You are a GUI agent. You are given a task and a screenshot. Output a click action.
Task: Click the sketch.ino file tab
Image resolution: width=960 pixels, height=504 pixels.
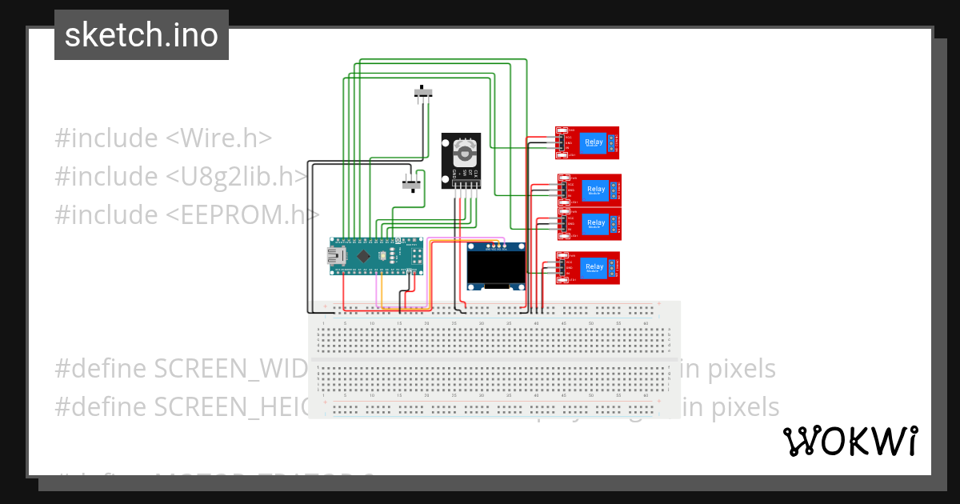pos(142,35)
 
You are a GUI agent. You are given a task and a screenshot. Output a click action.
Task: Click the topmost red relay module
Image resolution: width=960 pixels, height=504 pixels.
pos(588,143)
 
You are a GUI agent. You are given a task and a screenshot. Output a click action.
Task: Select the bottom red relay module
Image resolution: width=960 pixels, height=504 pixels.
pos(589,267)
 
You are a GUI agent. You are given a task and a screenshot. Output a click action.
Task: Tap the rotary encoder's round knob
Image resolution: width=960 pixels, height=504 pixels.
pos(462,152)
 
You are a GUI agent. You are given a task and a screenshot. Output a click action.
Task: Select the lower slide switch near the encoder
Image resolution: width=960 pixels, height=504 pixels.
pos(411,183)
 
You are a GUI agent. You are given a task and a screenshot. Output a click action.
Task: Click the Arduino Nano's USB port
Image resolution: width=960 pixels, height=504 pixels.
pos(334,256)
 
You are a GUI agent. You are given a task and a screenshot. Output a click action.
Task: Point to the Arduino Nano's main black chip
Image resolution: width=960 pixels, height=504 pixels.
pos(364,257)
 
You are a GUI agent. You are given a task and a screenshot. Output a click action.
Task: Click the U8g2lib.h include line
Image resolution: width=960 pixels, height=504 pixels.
pos(181,176)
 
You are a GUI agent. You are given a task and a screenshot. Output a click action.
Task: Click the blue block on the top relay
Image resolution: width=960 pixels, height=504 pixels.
pos(594,143)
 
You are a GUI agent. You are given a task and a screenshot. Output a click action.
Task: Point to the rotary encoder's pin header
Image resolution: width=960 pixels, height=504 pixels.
pos(462,186)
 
